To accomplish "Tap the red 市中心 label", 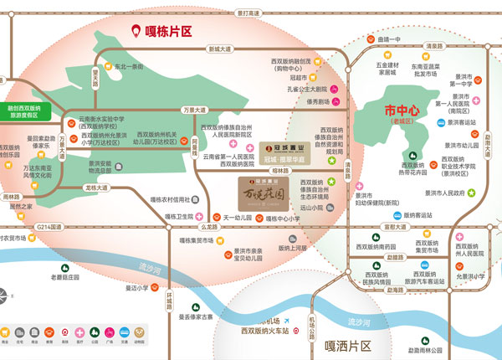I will click(401, 111).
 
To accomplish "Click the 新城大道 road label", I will click(219, 49).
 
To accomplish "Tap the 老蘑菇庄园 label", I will click(69, 277).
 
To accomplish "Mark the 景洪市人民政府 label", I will click(445, 192).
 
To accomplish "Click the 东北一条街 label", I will click(129, 67).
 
